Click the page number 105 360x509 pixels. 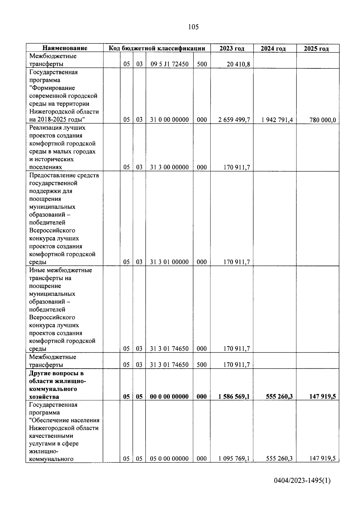193,27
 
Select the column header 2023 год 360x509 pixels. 232,48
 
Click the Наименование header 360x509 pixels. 65,48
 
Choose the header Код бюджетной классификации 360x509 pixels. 157,48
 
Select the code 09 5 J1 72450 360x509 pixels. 169,64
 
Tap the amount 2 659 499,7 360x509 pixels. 234,120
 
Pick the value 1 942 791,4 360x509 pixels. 277,120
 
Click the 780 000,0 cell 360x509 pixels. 322,120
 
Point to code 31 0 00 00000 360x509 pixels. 169,120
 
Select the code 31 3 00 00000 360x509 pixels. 169,167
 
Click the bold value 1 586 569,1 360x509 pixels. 234,397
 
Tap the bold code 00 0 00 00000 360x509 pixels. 169,397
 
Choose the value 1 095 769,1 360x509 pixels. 234,459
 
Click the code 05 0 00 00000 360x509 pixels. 169,459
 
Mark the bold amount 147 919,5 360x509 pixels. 322,397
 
